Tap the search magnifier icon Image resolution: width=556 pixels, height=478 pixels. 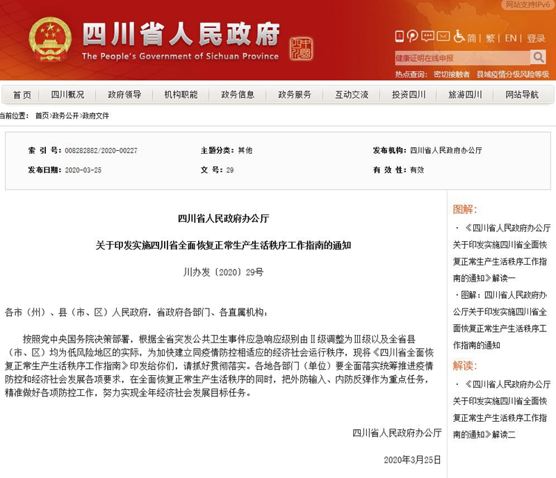pos(539,57)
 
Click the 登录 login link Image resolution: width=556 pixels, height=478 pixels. pos(536,38)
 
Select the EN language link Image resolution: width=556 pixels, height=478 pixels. pos(511,38)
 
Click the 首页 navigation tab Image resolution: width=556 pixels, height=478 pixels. pos(22,94)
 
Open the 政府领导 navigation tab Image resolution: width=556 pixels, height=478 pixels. pos(124,94)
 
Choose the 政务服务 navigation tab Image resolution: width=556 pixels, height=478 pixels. pos(295,94)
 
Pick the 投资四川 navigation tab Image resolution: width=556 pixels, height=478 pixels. pos(408,94)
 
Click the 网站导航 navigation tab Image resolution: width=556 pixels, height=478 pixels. pos(521,94)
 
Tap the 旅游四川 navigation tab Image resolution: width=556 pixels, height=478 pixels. pos(465,94)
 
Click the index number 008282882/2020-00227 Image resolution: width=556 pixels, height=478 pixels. pos(100,150)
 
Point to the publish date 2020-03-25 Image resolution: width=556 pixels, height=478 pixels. pos(82,170)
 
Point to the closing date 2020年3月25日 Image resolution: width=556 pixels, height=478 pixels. pos(412,460)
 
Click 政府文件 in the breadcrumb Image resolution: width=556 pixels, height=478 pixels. pos(96,115)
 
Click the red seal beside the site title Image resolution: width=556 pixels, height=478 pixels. pos(301,49)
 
